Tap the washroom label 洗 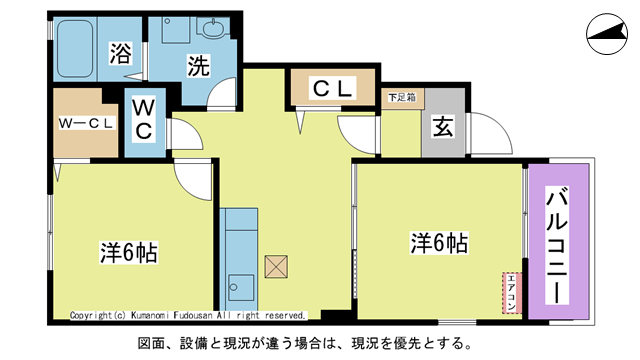199,67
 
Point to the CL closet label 333,89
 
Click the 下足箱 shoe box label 402,97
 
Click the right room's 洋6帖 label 439,243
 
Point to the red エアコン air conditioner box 511,292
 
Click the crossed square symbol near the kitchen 275,267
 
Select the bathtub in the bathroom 75,50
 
